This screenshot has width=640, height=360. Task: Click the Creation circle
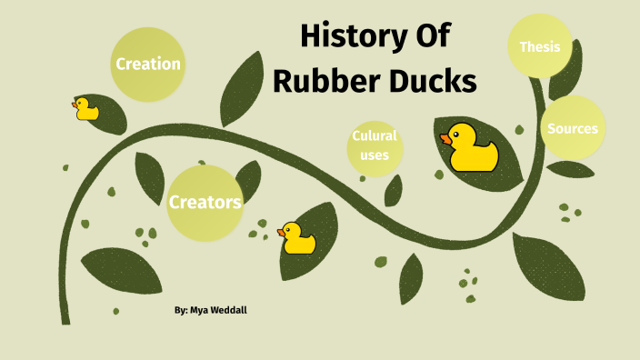147,65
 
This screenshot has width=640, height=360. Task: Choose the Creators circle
205,202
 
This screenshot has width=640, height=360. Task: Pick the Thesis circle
539,46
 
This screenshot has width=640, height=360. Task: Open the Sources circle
572,128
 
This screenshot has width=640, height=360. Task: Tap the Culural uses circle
375,146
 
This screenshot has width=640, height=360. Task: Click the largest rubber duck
472,147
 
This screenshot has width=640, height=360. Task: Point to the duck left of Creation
85,109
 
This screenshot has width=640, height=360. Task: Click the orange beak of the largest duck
445,139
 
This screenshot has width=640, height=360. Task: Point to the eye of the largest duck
457,133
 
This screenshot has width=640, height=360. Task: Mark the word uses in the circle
375,155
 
